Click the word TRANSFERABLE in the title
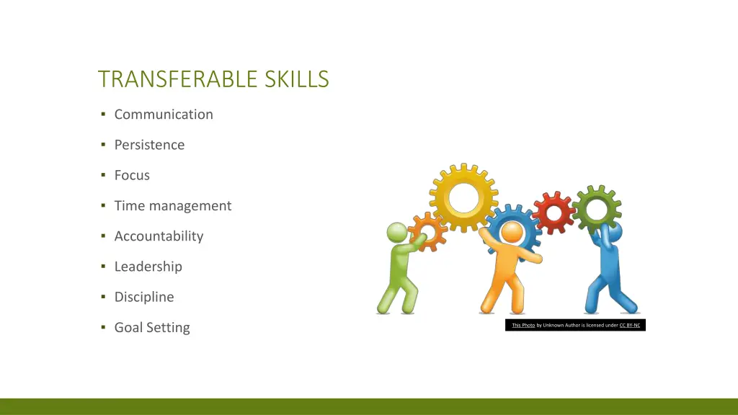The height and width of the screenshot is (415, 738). tap(179, 79)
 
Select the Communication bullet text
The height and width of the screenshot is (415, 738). tap(164, 115)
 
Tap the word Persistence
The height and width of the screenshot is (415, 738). tap(149, 145)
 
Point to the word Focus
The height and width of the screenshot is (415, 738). tap(132, 175)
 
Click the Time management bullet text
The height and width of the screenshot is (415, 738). tap(173, 206)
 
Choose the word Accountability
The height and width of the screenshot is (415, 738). tap(159, 236)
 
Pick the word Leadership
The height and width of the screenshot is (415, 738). tap(148, 267)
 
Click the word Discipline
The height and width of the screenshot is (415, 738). tap(144, 297)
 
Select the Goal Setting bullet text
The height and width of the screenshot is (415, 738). tap(152, 328)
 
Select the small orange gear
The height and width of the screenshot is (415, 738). tap(428, 231)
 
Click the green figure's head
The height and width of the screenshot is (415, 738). tap(397, 233)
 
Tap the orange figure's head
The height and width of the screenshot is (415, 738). tap(512, 233)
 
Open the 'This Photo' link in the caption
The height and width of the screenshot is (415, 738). tap(523, 326)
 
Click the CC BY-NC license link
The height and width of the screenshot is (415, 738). tap(630, 326)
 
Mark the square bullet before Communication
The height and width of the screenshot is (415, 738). tap(104, 115)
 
